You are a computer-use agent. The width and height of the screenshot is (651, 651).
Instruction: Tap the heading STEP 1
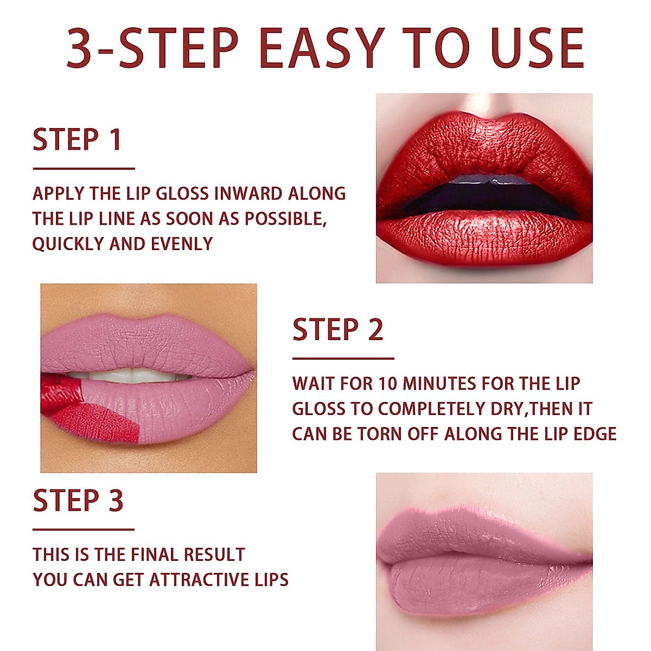pos(76,140)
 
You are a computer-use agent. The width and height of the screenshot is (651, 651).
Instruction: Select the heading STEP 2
pos(337,330)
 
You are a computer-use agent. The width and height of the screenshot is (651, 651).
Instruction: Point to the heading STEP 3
pos(78,500)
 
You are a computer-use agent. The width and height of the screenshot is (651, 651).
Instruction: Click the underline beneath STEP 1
pos(83,169)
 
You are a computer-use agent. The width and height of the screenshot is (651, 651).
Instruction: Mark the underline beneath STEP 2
pos(343,359)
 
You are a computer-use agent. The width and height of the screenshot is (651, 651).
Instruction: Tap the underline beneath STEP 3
pos(83,529)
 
